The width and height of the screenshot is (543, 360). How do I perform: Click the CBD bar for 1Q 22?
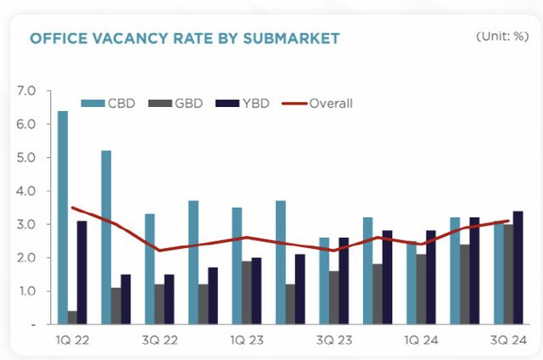click(x=63, y=217)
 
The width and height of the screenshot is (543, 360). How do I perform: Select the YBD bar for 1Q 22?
click(x=81, y=273)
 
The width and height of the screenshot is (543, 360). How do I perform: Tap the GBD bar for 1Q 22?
click(x=72, y=318)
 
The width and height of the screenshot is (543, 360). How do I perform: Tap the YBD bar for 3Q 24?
click(x=518, y=267)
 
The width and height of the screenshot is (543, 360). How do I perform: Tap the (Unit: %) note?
click(x=500, y=36)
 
